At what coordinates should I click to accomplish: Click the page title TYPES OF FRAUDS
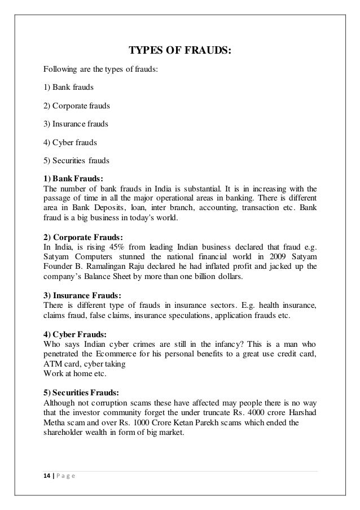180,52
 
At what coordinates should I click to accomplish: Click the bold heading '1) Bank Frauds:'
73,179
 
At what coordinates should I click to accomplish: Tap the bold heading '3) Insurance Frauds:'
82,295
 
